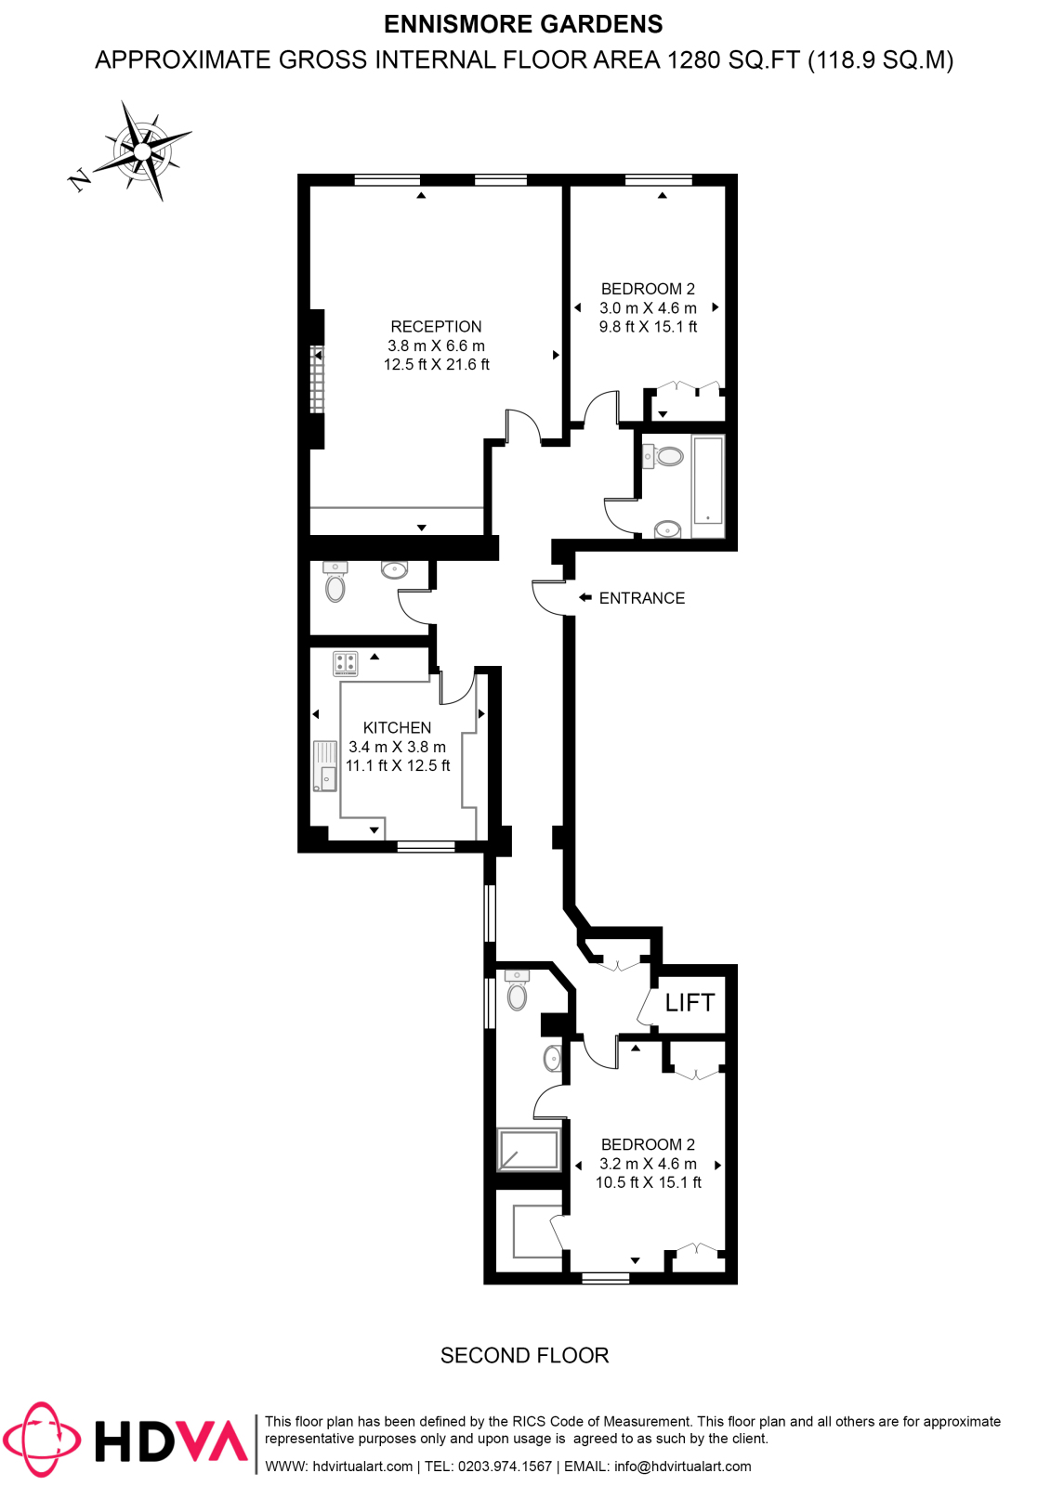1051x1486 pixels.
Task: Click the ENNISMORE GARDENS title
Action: pyautogui.click(x=523, y=24)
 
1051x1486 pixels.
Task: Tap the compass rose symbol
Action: pyautogui.click(x=142, y=150)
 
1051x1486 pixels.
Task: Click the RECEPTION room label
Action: pyautogui.click(x=436, y=327)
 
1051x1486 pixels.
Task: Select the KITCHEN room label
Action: pyautogui.click(x=397, y=728)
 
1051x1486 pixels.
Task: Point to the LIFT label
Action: pyautogui.click(x=690, y=1003)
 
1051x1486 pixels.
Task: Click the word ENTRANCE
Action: pyautogui.click(x=642, y=599)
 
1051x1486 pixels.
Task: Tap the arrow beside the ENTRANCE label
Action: pyautogui.click(x=585, y=598)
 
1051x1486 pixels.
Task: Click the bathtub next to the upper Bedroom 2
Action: pyautogui.click(x=708, y=480)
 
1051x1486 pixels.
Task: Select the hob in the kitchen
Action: pyautogui.click(x=346, y=663)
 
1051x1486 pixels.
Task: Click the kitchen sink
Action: pyautogui.click(x=325, y=766)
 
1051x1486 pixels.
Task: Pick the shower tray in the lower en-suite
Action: pyautogui.click(x=529, y=1150)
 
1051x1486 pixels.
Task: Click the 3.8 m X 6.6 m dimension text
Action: pyautogui.click(x=436, y=345)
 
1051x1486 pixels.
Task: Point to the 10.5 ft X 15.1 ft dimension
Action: pyautogui.click(x=649, y=1182)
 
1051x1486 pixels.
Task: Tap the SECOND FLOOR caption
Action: pyautogui.click(x=524, y=1356)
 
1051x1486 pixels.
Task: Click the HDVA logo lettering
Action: pyautogui.click(x=171, y=1441)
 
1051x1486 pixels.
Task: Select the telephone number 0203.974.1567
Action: pyautogui.click(x=505, y=1466)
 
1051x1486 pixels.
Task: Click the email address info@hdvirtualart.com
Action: pyautogui.click(x=683, y=1466)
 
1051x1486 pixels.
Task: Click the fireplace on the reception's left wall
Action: pyautogui.click(x=317, y=379)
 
